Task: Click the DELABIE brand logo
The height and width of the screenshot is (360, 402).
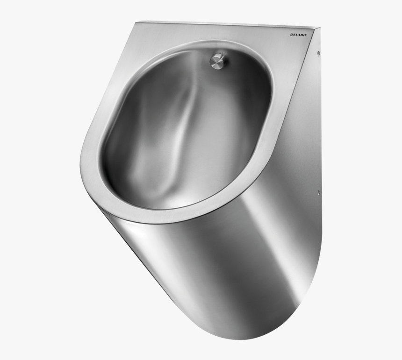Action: click(300, 35)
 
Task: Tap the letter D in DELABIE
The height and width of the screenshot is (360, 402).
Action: click(291, 34)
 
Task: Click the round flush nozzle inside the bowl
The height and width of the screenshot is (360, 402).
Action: click(218, 61)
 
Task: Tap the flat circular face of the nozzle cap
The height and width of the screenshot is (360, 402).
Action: click(216, 60)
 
